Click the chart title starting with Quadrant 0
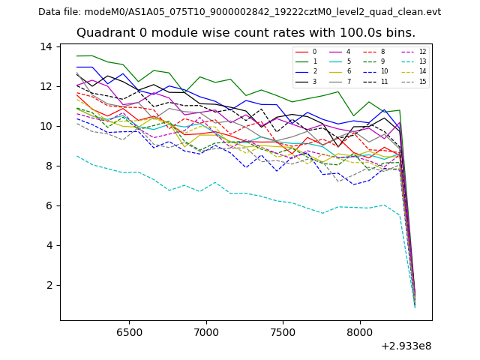[x=246, y=33]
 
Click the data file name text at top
[x=239, y=12]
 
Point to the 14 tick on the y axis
[x=46, y=46]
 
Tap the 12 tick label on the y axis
[x=46, y=86]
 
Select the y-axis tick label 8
[x=49, y=166]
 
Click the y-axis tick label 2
[x=49, y=285]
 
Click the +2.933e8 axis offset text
[x=402, y=346]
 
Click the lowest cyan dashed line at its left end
[x=77, y=156]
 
